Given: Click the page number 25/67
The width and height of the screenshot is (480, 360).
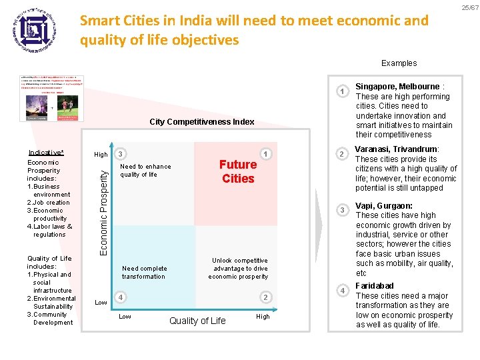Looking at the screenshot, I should click(x=469, y=7).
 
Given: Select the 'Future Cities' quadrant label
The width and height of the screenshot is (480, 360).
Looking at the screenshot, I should click(x=238, y=171).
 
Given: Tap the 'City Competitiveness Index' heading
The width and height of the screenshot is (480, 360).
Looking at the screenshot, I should click(x=202, y=122).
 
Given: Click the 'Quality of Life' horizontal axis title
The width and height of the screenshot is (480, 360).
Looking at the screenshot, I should click(x=197, y=321).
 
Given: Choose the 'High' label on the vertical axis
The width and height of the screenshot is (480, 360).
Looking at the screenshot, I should click(x=101, y=155).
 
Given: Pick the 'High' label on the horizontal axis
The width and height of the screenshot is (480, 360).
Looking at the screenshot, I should click(x=263, y=317).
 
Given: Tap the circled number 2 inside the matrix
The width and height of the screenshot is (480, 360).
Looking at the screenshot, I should click(x=265, y=297).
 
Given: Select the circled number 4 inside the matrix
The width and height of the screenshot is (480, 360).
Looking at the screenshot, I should click(x=119, y=297).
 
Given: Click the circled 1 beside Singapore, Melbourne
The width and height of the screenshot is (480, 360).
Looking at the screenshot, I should click(x=342, y=91).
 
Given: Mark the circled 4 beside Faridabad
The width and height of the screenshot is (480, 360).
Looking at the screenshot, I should click(x=342, y=291).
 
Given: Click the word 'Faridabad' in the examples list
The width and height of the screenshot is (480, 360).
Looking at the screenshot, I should click(x=375, y=286).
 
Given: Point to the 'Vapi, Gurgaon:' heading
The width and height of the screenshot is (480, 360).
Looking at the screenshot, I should click(x=384, y=206).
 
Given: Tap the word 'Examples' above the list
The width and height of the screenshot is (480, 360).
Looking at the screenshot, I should click(x=399, y=63).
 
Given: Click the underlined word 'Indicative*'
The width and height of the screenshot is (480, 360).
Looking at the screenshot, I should click(x=45, y=153).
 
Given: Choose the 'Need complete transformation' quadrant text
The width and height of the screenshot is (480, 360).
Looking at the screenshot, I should click(x=143, y=273).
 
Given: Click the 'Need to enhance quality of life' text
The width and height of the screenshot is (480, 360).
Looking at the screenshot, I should click(x=145, y=171).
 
